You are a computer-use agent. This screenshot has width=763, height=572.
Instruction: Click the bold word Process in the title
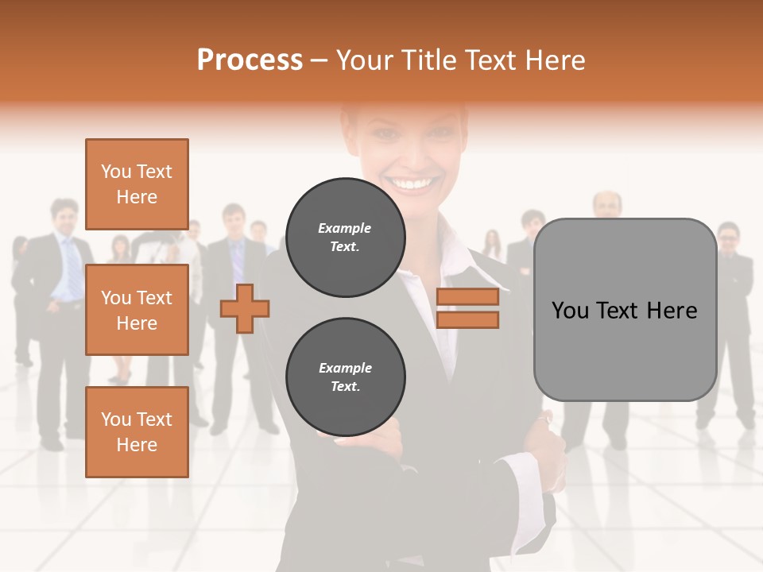click(x=250, y=60)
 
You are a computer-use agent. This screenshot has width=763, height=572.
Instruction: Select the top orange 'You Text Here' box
click(x=137, y=184)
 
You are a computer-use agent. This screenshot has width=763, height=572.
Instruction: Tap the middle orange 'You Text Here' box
click(x=137, y=310)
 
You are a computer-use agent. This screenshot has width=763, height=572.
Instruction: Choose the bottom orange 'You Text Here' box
click(x=137, y=432)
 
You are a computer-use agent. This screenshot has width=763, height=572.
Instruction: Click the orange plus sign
click(x=245, y=308)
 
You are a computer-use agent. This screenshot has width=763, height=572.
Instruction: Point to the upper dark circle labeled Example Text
click(x=345, y=238)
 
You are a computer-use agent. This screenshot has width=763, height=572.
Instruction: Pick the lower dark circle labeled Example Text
click(x=345, y=377)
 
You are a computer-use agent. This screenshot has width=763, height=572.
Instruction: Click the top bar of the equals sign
click(x=468, y=296)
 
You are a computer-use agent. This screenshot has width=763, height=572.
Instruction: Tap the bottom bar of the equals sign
click(x=468, y=319)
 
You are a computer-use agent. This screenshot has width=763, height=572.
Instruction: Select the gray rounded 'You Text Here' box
click(x=625, y=310)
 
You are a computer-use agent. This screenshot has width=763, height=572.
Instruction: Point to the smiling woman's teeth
click(x=411, y=184)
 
